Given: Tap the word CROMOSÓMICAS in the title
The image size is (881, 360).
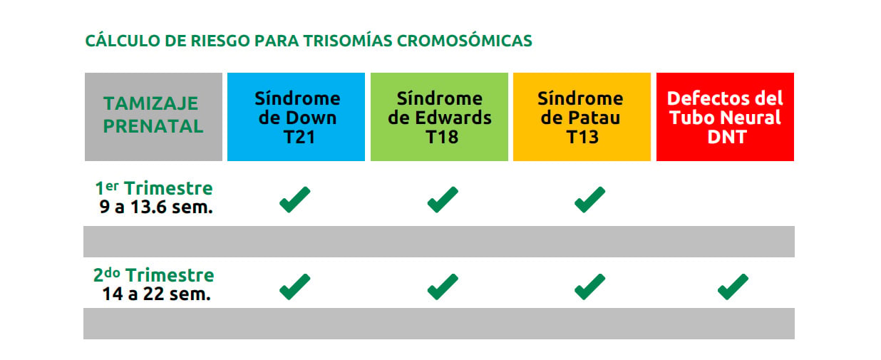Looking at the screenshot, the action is (x=465, y=41).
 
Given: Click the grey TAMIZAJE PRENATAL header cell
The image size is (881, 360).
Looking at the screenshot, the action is (x=153, y=117).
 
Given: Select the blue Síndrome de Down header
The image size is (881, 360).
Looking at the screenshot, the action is (x=296, y=117).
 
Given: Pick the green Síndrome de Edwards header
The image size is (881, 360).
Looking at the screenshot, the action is (x=439, y=117).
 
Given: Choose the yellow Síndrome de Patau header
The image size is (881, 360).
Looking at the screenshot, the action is (x=582, y=117).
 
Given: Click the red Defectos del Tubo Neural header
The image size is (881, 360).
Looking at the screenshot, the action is (x=725, y=117).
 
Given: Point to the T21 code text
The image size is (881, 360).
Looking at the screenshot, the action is (x=299, y=137).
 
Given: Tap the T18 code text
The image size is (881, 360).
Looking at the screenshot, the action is (x=442, y=137).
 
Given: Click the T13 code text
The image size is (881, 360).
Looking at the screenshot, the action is (x=582, y=137).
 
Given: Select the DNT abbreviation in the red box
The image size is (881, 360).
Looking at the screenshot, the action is (x=727, y=137).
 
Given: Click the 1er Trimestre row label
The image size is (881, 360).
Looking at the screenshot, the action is (x=154, y=187).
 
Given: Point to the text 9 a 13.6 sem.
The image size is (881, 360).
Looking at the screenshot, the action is (x=156, y=207).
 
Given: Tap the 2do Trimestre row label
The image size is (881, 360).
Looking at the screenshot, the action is (x=154, y=274).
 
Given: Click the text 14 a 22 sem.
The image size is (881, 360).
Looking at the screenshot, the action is (x=157, y=294).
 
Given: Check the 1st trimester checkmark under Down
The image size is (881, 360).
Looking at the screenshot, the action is (x=294, y=200).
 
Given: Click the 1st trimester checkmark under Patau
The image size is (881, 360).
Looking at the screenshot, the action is (x=589, y=200).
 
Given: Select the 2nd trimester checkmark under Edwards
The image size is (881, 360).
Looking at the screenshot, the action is (x=443, y=287).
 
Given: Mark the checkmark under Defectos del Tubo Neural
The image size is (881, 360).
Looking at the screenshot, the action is (x=733, y=287).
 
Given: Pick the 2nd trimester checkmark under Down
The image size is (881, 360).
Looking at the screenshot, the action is (x=294, y=287).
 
